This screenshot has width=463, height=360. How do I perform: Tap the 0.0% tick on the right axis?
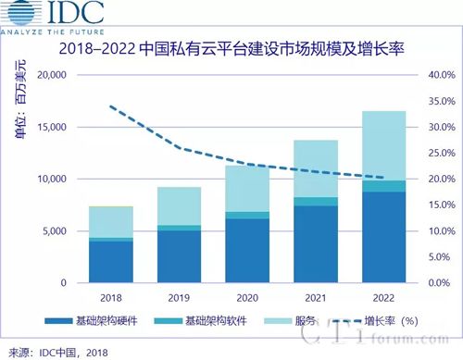[438, 282]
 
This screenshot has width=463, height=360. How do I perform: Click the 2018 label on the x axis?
[112, 296]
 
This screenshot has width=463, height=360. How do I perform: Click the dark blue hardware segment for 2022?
[377, 238]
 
